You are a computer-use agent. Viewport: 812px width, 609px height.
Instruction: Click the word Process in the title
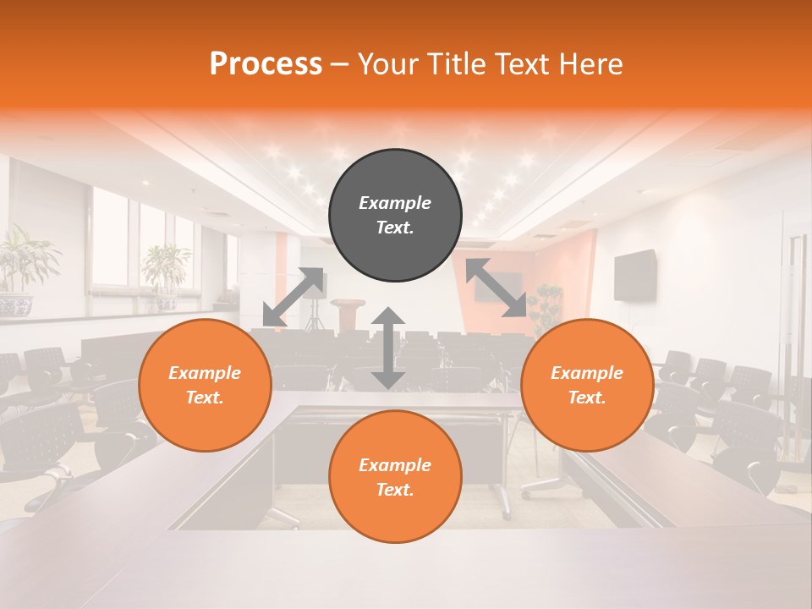pos(266,64)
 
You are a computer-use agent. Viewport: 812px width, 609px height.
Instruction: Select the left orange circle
pos(205,386)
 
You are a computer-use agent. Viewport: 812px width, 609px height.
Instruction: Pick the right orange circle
pos(587,386)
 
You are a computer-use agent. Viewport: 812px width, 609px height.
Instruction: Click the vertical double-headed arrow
pos(388,348)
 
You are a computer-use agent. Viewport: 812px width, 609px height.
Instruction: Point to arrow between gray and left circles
pos(294,296)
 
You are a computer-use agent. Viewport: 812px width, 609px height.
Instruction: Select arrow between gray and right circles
pos(496,288)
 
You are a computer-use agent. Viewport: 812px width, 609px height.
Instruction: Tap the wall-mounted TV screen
pos(635,275)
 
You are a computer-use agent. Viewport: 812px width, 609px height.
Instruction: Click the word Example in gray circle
pos(395,203)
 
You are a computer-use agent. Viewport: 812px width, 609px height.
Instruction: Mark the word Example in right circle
pos(587,373)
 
